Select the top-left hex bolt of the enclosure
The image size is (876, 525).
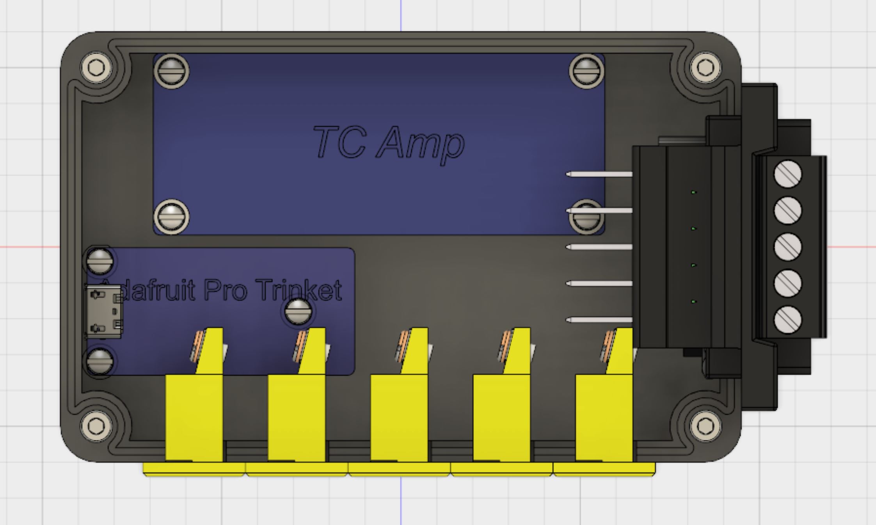click(96, 68)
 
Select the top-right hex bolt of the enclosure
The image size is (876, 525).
click(705, 68)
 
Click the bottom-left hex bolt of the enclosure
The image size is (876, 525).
click(96, 426)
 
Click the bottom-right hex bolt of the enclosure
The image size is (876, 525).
click(705, 426)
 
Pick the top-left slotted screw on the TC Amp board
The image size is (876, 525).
click(171, 71)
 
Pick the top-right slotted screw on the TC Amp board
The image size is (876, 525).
click(586, 71)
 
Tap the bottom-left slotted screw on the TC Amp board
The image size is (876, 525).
click(171, 217)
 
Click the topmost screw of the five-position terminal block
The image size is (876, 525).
click(788, 174)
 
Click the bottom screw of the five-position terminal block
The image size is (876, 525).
click(788, 320)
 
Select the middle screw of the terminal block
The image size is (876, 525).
click(788, 247)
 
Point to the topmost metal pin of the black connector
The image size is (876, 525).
click(599, 174)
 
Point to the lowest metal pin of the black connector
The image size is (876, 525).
click(599, 320)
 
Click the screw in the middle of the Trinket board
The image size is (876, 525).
click(298, 311)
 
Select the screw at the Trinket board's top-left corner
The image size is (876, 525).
click(100, 260)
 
